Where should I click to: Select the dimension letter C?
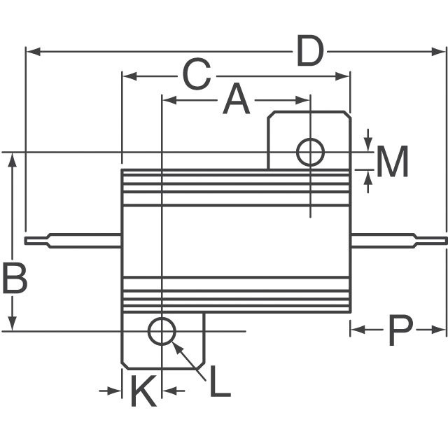197,75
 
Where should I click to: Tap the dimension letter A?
236,100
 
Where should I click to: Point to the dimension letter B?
14,278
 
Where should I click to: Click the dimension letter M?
392,162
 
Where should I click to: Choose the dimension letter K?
143,392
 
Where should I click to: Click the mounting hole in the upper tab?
310,152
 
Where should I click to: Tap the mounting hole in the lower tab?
162,331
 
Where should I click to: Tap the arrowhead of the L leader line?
176,346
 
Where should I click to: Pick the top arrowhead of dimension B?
12,159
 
